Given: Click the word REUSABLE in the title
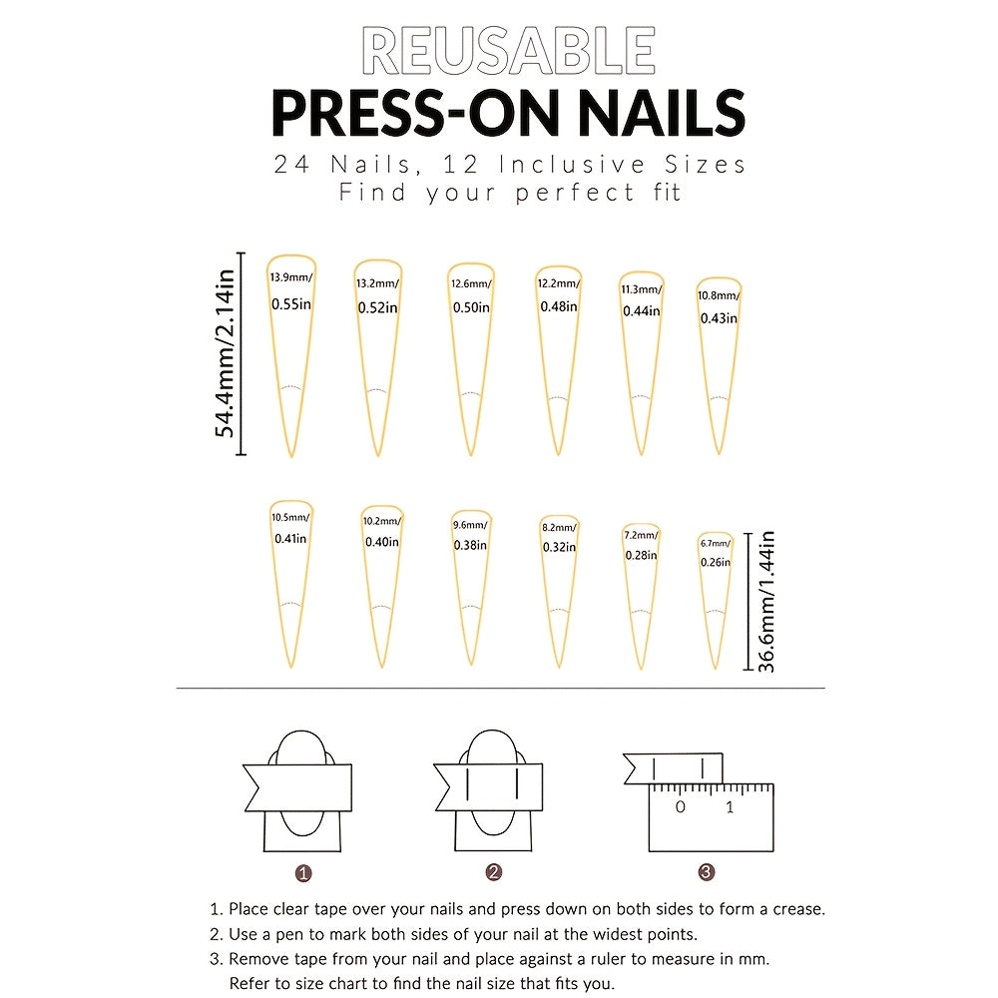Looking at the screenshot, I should (508, 52).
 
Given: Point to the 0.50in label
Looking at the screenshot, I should (469, 307).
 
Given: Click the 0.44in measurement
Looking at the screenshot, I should (641, 310).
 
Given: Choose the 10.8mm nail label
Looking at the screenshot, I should (719, 295).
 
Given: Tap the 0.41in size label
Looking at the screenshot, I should (290, 538).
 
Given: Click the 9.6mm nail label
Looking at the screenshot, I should (470, 525).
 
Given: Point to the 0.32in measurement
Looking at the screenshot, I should (558, 547).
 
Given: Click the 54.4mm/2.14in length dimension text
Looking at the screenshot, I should (226, 354).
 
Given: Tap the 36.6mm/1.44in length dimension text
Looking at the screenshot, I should (767, 602).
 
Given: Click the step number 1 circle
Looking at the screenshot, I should (304, 872).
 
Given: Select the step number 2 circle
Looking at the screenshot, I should (493, 872).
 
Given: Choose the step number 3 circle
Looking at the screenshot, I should (707, 872).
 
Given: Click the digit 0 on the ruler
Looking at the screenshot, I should (680, 806).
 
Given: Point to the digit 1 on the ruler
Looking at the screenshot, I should (730, 806).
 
